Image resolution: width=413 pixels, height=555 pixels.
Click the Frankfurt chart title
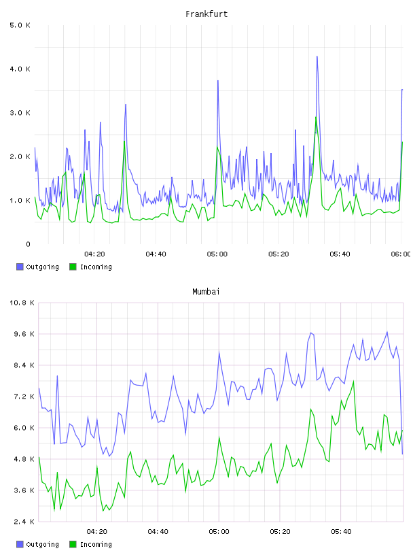pos(206,14)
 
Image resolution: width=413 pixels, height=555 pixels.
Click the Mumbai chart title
pos(206,292)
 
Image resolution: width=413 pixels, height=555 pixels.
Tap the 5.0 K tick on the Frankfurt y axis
pos(20,25)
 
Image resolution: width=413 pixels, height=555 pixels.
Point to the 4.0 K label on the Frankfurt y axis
pos(20,69)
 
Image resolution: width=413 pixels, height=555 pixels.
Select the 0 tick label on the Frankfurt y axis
pos(28,244)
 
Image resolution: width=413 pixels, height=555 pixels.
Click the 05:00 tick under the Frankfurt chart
pos(217,254)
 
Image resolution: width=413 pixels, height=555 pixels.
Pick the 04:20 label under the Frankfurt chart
pos(94,254)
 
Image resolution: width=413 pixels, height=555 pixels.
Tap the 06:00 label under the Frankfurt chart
pos(401,254)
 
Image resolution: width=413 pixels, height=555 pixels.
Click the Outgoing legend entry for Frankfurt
pos(37,267)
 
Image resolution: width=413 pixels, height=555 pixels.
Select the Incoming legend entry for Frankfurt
pos(91,267)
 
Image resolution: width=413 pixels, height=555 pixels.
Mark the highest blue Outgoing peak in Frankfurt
pos(317,56)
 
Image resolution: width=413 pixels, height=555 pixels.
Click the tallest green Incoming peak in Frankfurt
pos(316,117)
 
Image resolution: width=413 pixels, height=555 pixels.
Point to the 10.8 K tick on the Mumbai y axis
pos(22,303)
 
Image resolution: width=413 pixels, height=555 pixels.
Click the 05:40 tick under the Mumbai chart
pos(341,532)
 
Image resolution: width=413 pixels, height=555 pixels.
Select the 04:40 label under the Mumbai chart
pos(158,532)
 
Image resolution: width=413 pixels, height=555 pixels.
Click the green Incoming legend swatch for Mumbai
pos(73,544)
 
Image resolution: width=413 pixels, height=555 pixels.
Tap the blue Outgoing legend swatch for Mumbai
pos(20,544)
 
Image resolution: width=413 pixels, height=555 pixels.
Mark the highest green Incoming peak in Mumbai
pos(353,381)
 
